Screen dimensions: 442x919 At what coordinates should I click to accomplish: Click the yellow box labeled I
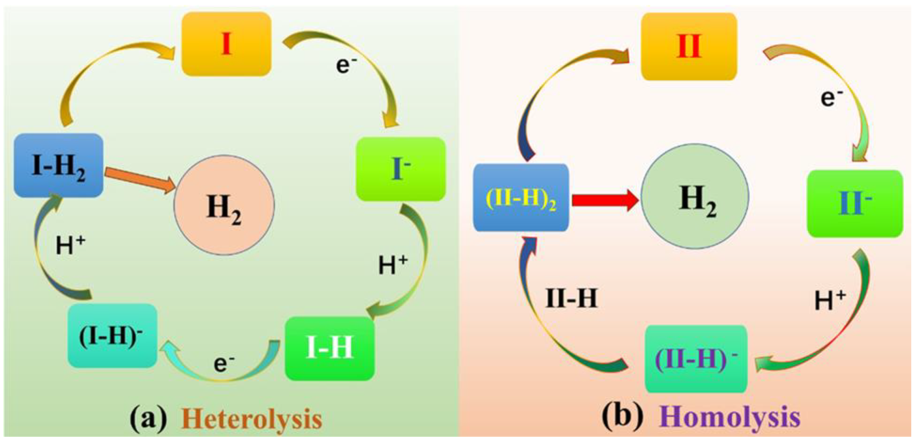[x=226, y=44]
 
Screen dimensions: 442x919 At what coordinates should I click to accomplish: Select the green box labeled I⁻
[x=401, y=169]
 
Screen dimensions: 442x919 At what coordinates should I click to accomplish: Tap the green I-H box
[x=329, y=348]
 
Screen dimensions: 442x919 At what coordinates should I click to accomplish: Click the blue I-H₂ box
[x=58, y=165]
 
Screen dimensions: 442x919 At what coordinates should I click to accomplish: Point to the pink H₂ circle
[x=224, y=205]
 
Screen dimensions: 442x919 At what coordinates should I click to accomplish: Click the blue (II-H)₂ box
[x=521, y=198]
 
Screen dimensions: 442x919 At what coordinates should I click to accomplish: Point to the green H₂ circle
[x=695, y=196]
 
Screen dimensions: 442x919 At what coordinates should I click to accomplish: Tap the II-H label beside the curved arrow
[x=571, y=298]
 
